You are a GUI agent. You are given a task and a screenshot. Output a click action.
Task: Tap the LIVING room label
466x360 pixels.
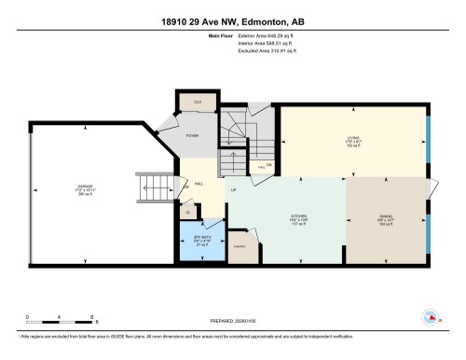[352, 142]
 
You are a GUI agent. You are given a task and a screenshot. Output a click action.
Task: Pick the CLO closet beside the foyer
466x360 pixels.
[198, 101]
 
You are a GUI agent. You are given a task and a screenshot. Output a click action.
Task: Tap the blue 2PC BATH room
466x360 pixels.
[200, 240]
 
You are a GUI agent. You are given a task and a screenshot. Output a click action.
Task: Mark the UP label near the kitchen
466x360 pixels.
[232, 190]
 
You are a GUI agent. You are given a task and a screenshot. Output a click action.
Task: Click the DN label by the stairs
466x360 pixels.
[268, 166]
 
